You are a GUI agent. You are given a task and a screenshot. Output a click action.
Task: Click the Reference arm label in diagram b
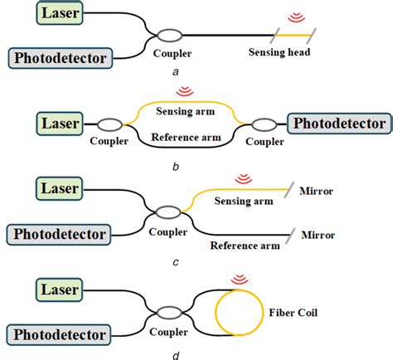(187, 137)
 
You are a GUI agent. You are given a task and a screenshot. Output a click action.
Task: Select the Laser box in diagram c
(58, 188)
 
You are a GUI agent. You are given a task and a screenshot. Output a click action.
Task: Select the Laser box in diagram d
(58, 290)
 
